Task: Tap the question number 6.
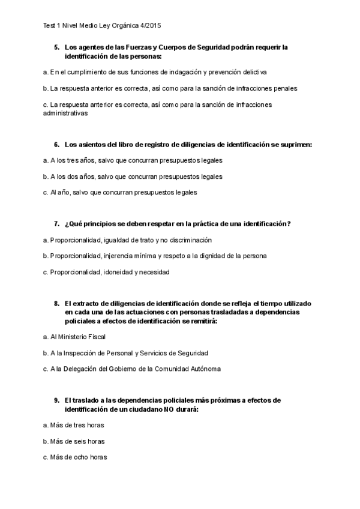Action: [x=56, y=145]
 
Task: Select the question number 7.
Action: [x=56, y=224]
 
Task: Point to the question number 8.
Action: [x=56, y=304]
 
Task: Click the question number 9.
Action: [x=56, y=400]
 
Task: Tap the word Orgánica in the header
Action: [x=124, y=26]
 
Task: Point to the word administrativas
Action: [x=65, y=112]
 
